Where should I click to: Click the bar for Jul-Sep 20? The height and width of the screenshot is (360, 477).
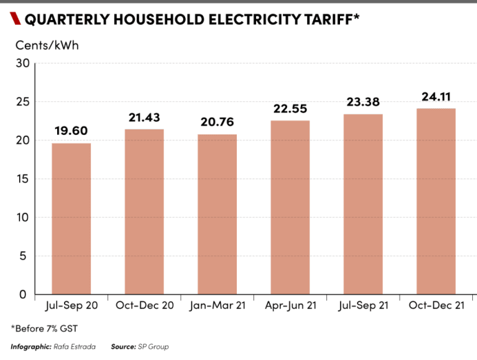point(72,219)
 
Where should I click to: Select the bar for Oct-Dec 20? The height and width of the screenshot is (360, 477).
point(145,212)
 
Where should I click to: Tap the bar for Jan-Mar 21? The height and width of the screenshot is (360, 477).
point(217,215)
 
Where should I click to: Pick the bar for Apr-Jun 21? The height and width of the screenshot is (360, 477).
point(290,208)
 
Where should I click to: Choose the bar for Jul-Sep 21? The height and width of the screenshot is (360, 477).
point(363,204)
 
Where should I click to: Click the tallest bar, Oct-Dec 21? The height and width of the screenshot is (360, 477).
point(436,202)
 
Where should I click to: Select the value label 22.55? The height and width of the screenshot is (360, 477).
point(290,109)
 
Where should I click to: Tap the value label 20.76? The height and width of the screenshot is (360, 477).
point(217,123)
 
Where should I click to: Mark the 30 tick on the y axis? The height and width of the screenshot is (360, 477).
point(22,63)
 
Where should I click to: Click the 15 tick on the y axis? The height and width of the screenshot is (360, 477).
point(22,179)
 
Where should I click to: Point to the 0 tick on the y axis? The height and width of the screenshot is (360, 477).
point(23,295)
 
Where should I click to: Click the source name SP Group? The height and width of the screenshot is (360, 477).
point(152,347)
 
